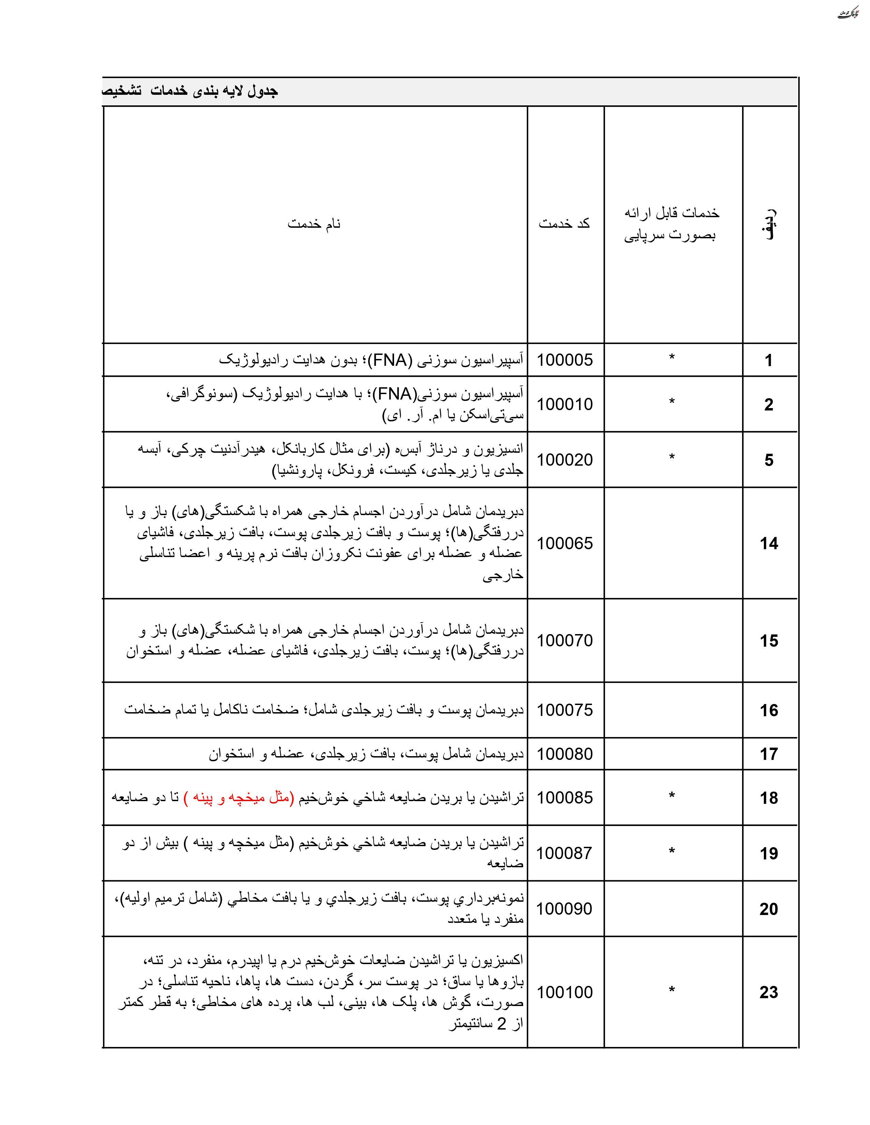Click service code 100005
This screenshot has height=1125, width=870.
[x=565, y=360]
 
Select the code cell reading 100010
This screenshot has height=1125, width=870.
[x=565, y=404]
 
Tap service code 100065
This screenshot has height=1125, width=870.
[x=565, y=543]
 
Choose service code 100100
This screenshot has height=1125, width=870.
[x=565, y=992]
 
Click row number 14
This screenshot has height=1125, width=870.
[x=768, y=543]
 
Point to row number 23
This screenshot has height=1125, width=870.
[x=768, y=992]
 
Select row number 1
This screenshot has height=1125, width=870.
[x=768, y=360]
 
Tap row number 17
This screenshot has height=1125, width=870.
[x=768, y=754]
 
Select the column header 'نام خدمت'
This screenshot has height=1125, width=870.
[x=314, y=224]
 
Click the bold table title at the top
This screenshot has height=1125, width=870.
[x=191, y=91]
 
